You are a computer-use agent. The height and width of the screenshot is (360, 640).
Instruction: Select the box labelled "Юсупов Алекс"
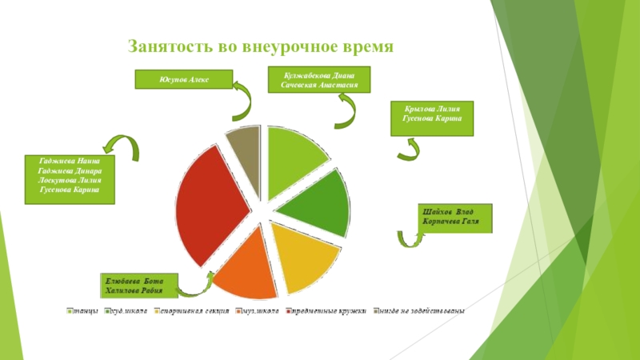pos(183,79)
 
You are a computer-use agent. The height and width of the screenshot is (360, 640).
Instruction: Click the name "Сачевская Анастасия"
pos(320,84)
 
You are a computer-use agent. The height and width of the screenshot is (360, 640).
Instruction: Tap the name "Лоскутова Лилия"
pos(69,181)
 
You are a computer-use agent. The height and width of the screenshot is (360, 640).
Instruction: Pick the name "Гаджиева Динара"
pos(69,171)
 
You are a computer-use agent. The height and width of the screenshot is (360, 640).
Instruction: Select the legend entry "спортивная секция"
pos(191,310)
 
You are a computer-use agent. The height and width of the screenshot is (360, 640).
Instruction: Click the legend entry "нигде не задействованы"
pos(421,310)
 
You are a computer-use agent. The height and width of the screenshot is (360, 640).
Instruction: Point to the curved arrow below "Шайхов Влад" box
pos(410,238)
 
